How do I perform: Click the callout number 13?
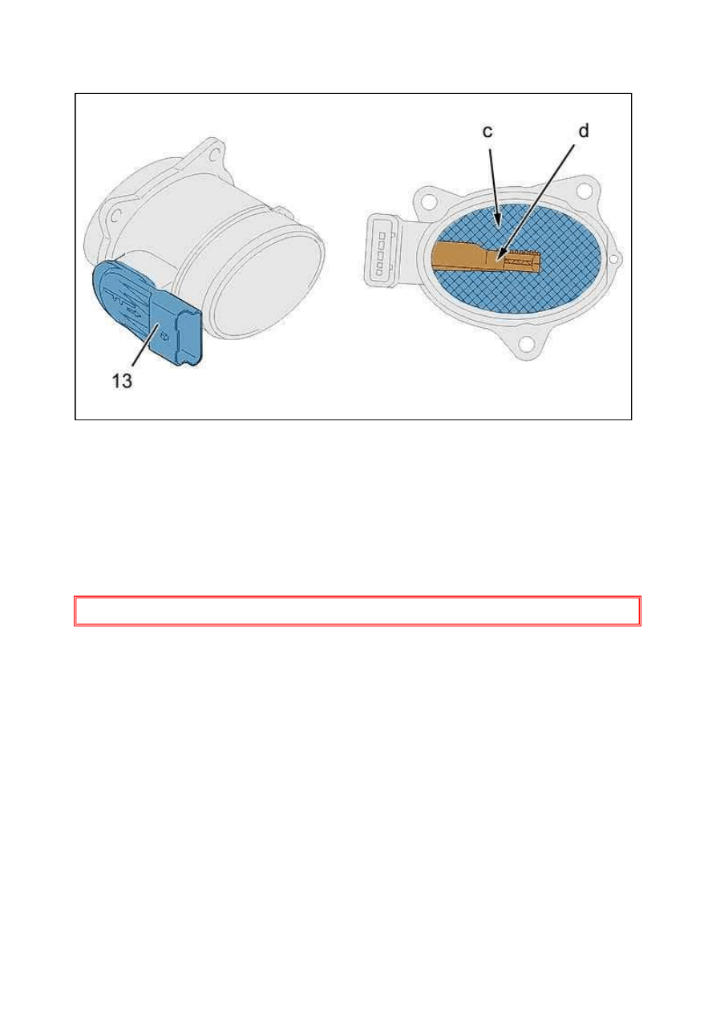[x=122, y=381]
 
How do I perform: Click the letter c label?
[x=487, y=132]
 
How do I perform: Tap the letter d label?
[x=584, y=131]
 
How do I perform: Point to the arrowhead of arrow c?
[x=498, y=221]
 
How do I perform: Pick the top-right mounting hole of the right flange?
[x=584, y=190]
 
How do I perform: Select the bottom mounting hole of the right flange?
[x=526, y=345]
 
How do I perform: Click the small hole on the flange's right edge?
[x=614, y=259]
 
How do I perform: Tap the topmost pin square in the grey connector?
[x=381, y=236]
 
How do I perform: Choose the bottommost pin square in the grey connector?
[x=379, y=273]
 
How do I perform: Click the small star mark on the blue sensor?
[x=164, y=335]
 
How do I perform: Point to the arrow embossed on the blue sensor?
[x=126, y=302]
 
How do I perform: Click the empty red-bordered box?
[x=358, y=611]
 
